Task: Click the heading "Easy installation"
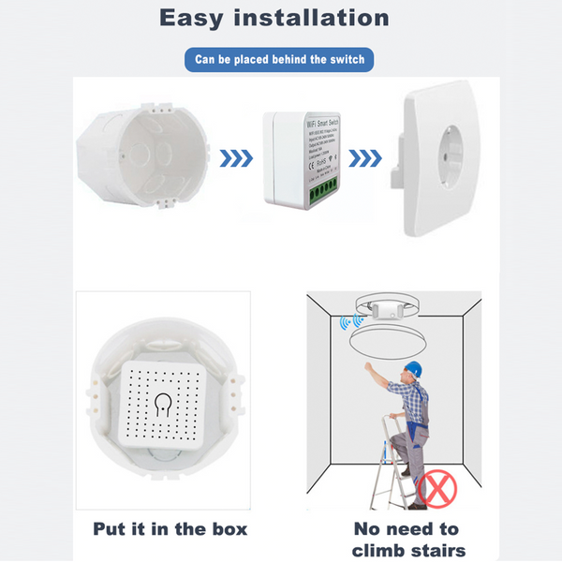[x=274, y=18]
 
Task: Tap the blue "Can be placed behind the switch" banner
[x=279, y=61]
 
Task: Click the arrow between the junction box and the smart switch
[x=235, y=155]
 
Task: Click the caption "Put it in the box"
[x=170, y=529]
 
